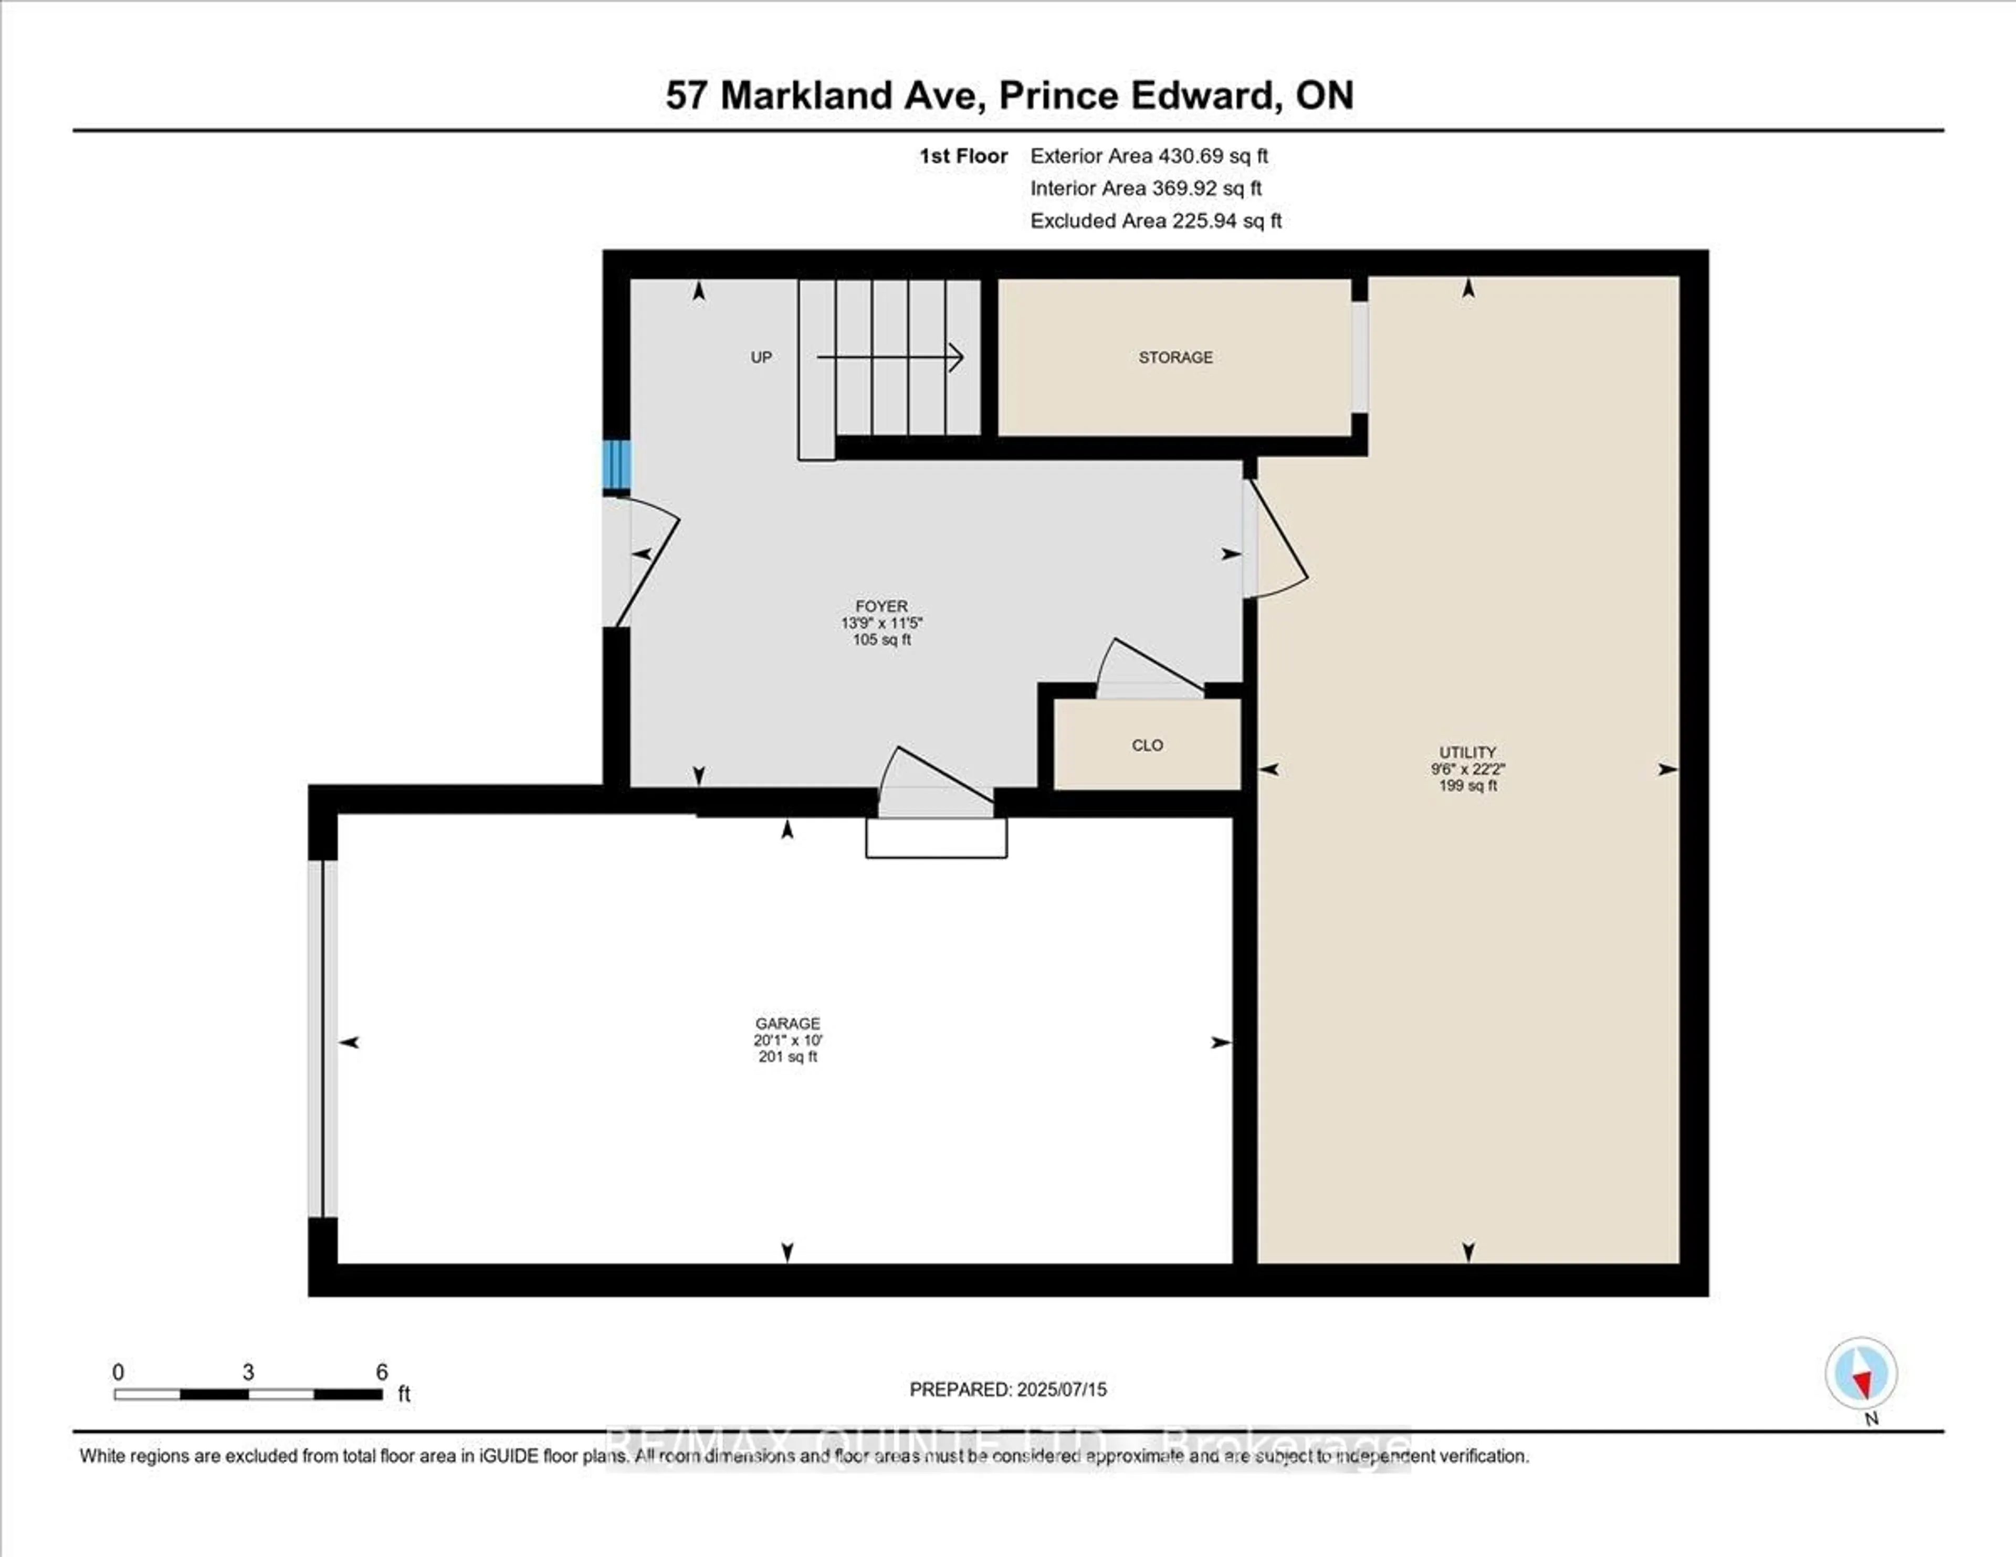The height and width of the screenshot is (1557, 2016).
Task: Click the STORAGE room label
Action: [x=1175, y=357]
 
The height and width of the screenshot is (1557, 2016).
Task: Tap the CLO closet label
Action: [x=1147, y=745]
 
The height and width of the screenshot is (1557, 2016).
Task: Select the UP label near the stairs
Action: [x=761, y=357]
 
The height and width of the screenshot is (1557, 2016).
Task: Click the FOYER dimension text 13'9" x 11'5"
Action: [x=881, y=623]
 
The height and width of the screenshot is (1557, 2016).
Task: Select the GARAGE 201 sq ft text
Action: [x=787, y=1057]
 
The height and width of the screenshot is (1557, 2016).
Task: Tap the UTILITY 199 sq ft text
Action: [x=1468, y=785]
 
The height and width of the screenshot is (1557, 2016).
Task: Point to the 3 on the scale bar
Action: [x=248, y=1372]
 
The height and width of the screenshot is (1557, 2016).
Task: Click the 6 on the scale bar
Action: [x=381, y=1372]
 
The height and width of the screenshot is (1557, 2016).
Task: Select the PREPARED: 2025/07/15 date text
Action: [x=1008, y=1389]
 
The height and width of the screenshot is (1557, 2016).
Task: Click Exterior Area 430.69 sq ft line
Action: [x=1149, y=156]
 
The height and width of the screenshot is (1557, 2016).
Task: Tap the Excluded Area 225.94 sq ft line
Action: [x=1156, y=220]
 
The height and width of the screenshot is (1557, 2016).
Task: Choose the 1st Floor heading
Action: [x=963, y=156]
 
